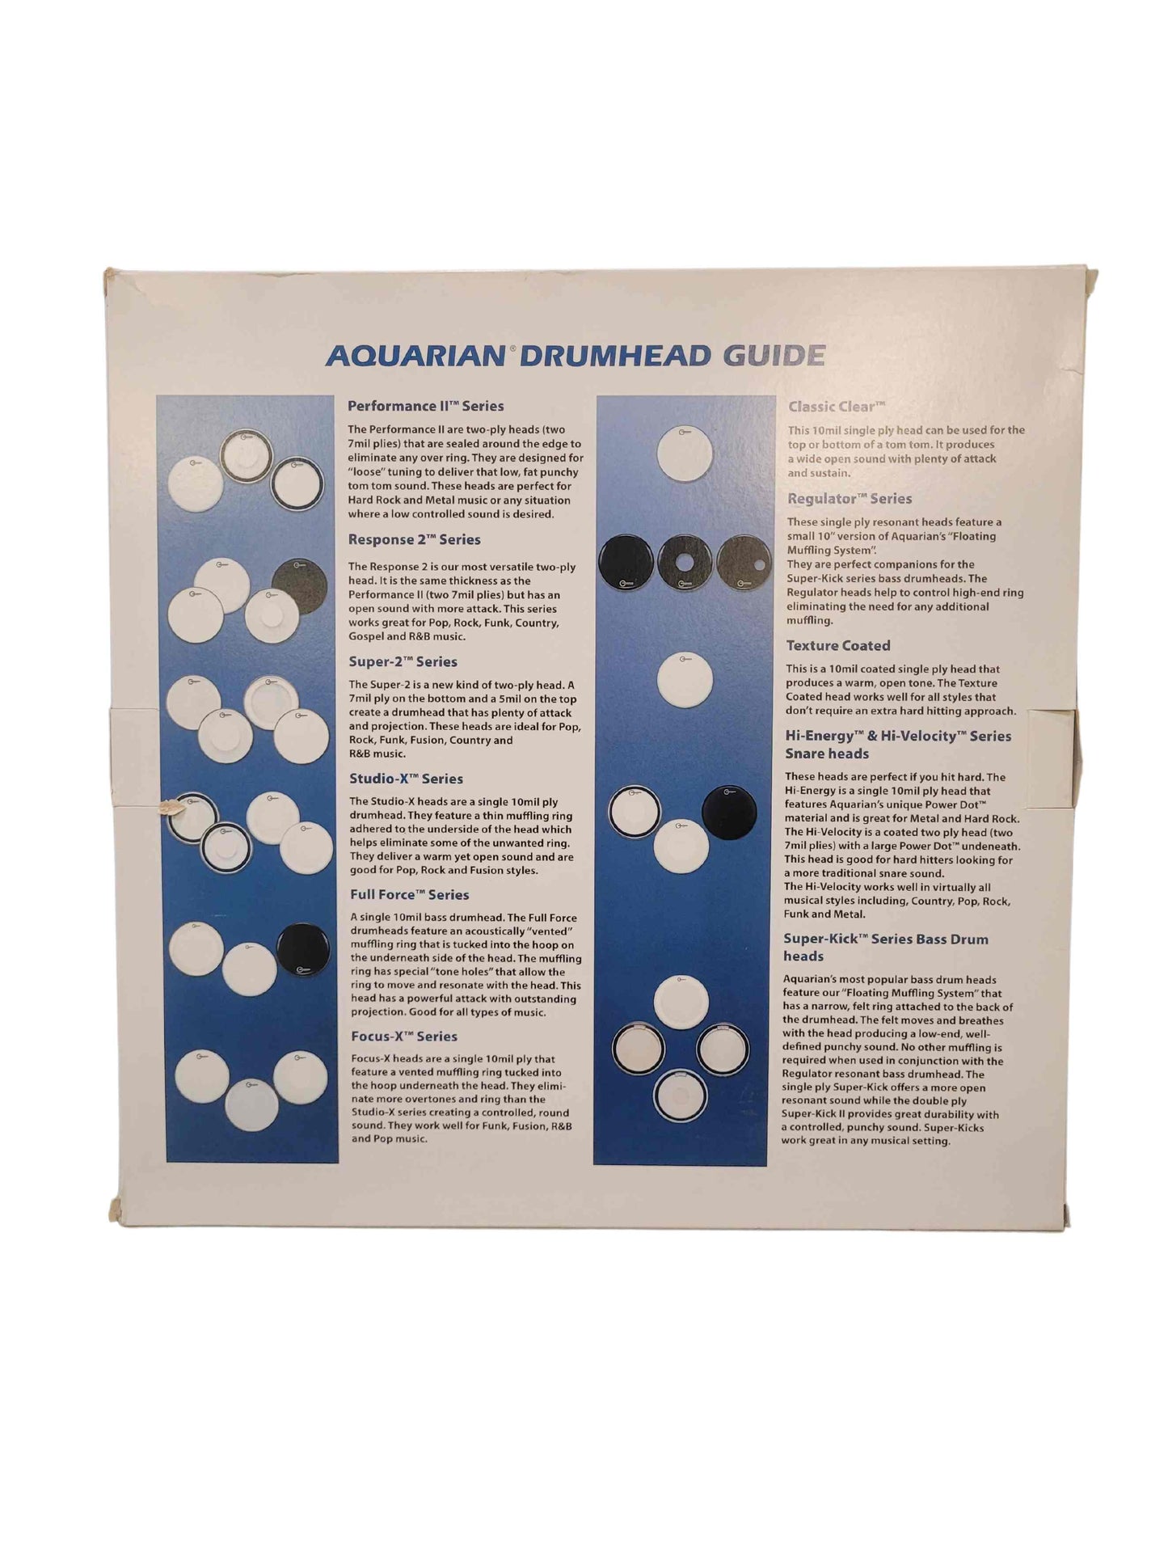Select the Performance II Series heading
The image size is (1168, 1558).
pos(425,406)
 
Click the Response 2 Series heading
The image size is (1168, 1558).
pos(414,539)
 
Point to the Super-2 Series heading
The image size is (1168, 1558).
pos(403,661)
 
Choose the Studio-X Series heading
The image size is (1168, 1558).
pos(406,779)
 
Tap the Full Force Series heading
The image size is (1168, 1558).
pos(409,894)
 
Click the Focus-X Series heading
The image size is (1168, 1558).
pos(404,1036)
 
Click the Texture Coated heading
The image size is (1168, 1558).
pos(838,645)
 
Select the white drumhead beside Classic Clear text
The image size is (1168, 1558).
pos(685,454)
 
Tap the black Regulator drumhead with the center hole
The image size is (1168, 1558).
pos(685,562)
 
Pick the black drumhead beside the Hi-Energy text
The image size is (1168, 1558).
pos(728,813)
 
